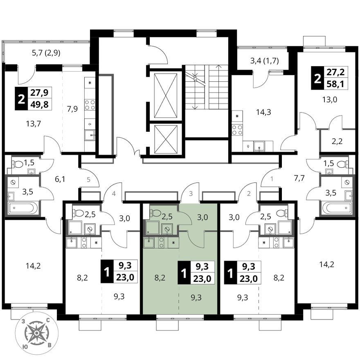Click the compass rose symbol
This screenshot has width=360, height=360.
(x=37, y=333)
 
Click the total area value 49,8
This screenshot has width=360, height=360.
(x=39, y=104)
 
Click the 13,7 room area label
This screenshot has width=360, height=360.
(x=34, y=124)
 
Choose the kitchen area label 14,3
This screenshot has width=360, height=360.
(x=263, y=112)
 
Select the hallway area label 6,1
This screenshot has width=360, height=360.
(x=60, y=179)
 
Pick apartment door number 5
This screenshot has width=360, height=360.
(x=89, y=179)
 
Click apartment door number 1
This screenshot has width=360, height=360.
(x=272, y=178)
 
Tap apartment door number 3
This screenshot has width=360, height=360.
(x=191, y=194)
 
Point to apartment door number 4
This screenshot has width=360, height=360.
(x=114, y=194)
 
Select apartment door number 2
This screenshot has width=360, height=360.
(x=249, y=194)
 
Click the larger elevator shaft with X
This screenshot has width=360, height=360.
(x=166, y=95)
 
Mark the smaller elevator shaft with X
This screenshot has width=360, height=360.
(x=166, y=139)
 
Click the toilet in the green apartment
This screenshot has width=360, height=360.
(x=157, y=213)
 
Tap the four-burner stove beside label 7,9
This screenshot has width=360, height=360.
(x=90, y=104)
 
